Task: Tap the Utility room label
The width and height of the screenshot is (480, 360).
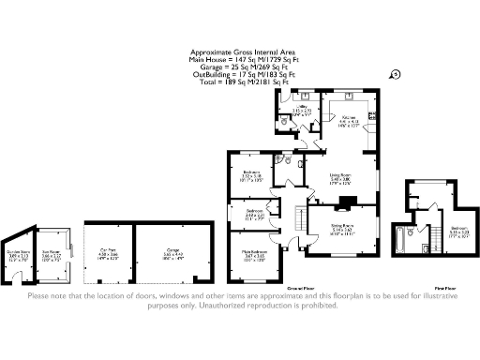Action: (x=302, y=110)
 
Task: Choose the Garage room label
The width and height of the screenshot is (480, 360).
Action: (x=173, y=250)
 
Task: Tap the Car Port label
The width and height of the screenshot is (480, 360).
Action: (x=109, y=250)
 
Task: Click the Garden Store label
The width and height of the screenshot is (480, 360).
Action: (x=18, y=252)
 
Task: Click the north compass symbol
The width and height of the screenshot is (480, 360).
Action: (x=395, y=73)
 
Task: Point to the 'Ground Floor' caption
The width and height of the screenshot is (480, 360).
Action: (x=298, y=287)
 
